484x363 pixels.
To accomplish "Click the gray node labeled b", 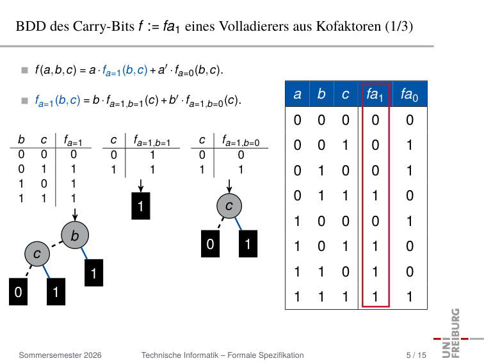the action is point(75,235).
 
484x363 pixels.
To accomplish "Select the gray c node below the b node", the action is point(37,254).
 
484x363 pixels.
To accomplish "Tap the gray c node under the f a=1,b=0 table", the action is point(229,206).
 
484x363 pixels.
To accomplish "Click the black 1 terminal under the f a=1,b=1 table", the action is point(141,206).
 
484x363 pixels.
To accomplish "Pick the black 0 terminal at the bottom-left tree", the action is point(18,292).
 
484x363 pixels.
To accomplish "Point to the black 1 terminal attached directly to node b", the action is point(94,273).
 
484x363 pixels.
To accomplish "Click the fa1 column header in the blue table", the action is point(375,94).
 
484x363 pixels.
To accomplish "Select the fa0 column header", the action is point(409,94).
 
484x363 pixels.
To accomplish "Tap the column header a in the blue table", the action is point(297,94).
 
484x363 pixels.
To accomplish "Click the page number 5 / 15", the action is point(416,355).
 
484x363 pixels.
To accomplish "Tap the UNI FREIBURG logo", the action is point(457,333).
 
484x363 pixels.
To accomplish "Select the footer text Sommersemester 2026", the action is point(60,355).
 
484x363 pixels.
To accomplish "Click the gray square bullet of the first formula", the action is point(25,70).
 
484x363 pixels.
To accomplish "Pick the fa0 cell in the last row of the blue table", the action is point(409,296).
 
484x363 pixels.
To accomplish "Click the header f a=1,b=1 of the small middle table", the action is point(152,141).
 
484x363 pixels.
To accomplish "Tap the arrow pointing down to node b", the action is point(75,214).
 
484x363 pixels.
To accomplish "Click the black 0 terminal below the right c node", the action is point(210,243).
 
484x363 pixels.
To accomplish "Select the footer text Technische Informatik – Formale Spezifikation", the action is point(223,355).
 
